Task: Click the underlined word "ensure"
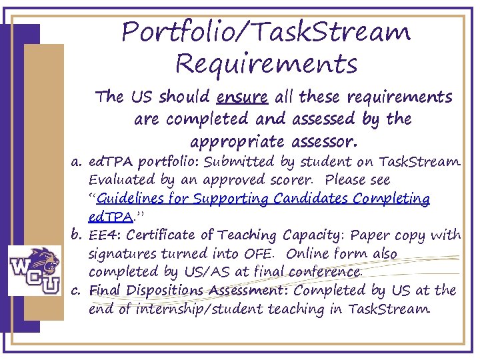point(243,98)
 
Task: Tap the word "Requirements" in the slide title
point(266,65)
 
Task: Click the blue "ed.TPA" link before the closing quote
point(109,217)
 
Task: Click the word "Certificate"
point(167,235)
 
